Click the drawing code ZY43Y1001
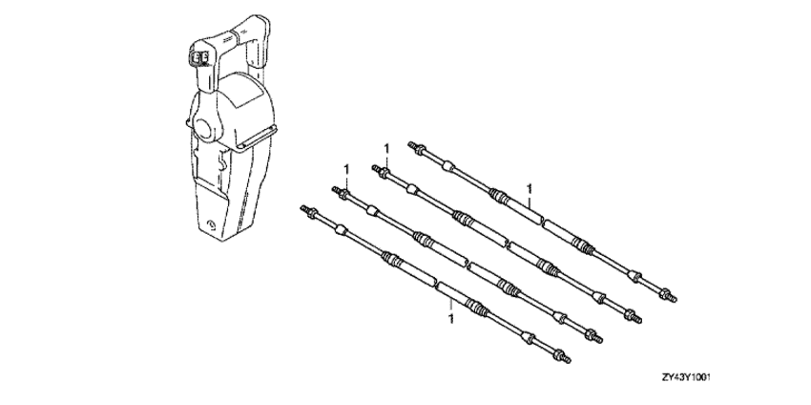point(686,378)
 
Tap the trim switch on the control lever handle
point(199,57)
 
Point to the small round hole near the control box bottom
point(211,224)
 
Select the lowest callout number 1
point(451,319)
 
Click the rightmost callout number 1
point(529,188)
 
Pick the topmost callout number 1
point(385,149)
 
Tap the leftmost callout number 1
point(346,170)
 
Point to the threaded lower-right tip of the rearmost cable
point(673,299)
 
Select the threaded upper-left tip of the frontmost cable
point(303,209)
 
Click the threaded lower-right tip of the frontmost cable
point(567,359)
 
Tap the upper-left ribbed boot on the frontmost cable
point(390,257)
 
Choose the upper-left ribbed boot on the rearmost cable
point(497,195)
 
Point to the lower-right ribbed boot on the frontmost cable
point(475,307)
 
